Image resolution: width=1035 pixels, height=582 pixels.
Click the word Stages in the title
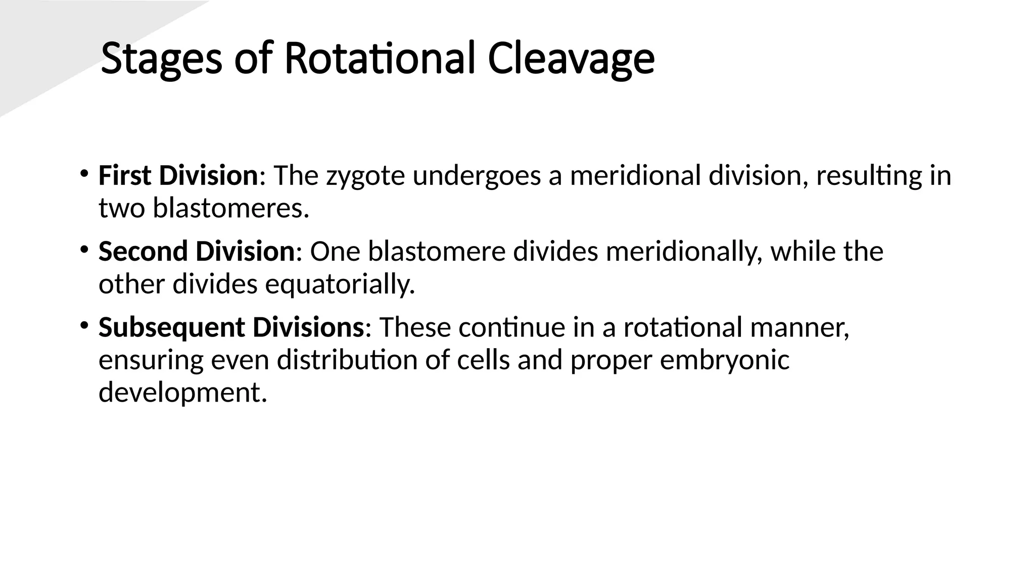(161, 59)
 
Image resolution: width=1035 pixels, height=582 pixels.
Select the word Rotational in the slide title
(380, 59)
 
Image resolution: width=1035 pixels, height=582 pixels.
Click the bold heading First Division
(178, 176)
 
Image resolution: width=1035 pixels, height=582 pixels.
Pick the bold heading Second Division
(196, 252)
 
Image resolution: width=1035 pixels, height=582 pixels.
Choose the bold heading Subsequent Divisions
(231, 327)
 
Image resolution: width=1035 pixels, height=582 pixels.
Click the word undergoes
(477, 177)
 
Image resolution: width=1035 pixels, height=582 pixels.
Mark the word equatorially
(340, 284)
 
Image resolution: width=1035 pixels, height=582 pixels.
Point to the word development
(182, 393)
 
